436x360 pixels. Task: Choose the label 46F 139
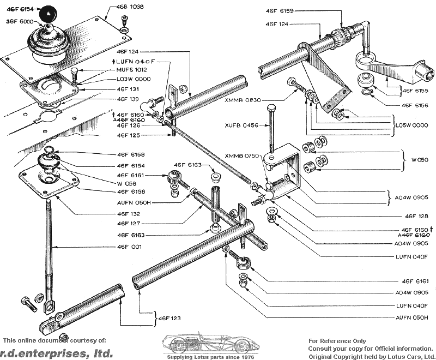(x=128, y=99)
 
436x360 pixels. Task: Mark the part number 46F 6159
(x=280, y=10)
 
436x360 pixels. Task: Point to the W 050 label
(x=420, y=160)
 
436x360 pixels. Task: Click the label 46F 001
(x=130, y=247)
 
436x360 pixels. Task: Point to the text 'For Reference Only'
(x=337, y=341)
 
